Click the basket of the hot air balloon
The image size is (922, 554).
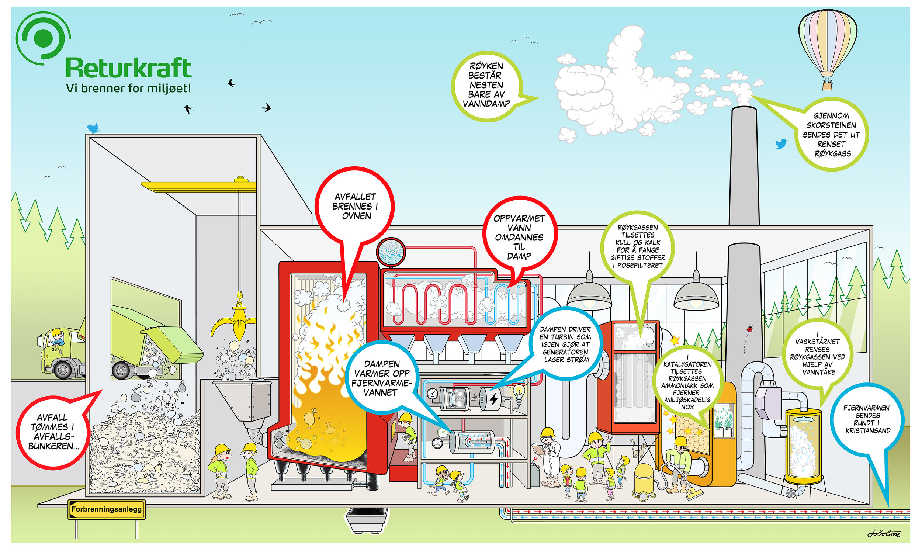827,86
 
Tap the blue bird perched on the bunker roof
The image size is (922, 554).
93,128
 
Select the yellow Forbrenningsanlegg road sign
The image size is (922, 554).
106,509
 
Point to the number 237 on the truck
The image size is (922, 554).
56,349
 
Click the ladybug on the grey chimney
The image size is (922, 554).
749,329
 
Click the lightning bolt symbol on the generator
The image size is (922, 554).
493,399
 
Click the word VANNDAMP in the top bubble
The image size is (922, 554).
486,104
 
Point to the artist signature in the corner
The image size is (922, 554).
884,533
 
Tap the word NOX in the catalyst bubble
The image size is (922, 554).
687,407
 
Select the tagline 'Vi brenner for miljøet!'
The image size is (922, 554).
128,89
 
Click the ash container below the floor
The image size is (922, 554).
367,520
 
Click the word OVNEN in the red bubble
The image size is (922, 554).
357,216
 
